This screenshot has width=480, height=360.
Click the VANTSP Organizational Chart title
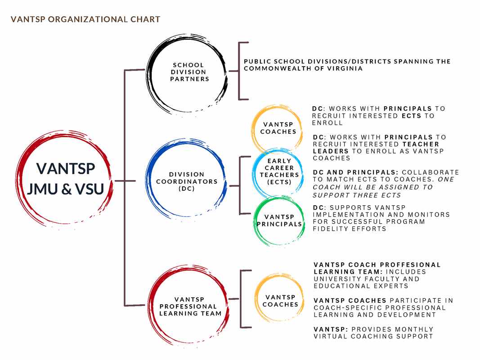coord(85,19)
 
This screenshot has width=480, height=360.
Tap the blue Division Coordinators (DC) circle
coord(147,179)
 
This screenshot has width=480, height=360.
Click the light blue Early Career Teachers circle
coord(253,173)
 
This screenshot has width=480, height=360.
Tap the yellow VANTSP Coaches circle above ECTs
coord(252,129)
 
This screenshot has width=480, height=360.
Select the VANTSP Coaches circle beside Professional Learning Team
coord(256,298)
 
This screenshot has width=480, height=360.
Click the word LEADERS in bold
coord(331,151)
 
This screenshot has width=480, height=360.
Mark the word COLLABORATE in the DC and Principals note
coord(431,172)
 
